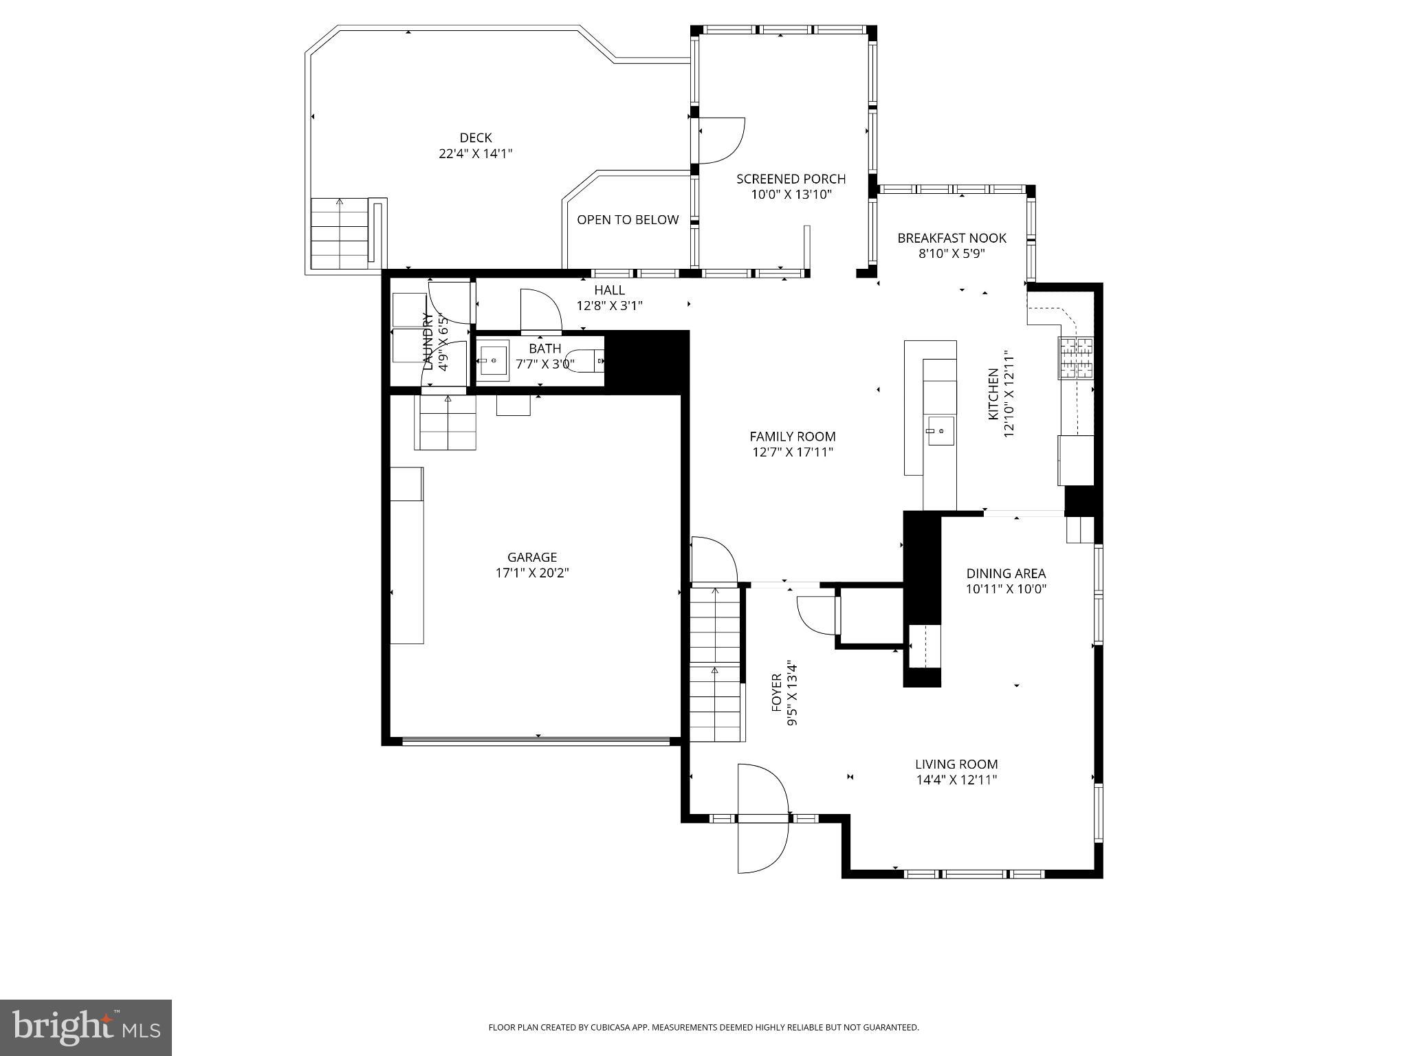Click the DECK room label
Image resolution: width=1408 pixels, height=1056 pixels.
tap(476, 138)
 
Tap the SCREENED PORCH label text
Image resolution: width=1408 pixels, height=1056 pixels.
tap(791, 179)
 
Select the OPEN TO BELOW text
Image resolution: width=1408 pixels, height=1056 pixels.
tap(628, 220)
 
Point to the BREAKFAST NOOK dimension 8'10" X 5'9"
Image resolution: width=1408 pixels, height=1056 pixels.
tap(951, 254)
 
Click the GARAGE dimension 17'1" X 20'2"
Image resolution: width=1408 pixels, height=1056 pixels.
tap(532, 573)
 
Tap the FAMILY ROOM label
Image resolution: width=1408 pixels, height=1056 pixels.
tap(792, 437)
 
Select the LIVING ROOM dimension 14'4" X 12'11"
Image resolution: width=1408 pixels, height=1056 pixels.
tap(956, 780)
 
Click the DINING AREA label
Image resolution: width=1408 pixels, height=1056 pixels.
tap(1006, 573)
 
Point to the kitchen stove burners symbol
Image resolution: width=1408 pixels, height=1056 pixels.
tap(1076, 358)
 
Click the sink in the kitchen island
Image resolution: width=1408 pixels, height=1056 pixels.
tap(940, 431)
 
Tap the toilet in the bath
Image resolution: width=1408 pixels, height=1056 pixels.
tap(586, 360)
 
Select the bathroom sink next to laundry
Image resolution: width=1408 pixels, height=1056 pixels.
tap(494, 360)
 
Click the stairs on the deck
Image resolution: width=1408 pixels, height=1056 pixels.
tap(340, 234)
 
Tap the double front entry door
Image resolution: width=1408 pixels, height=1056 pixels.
tap(762, 818)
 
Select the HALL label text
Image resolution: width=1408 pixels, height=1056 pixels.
tap(609, 290)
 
